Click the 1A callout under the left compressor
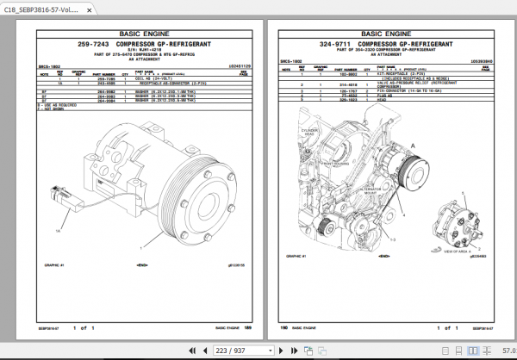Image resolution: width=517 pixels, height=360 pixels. click(x=59, y=231)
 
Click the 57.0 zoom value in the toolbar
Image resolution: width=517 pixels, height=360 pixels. click(x=507, y=351)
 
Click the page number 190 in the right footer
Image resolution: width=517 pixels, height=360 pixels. click(x=283, y=328)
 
